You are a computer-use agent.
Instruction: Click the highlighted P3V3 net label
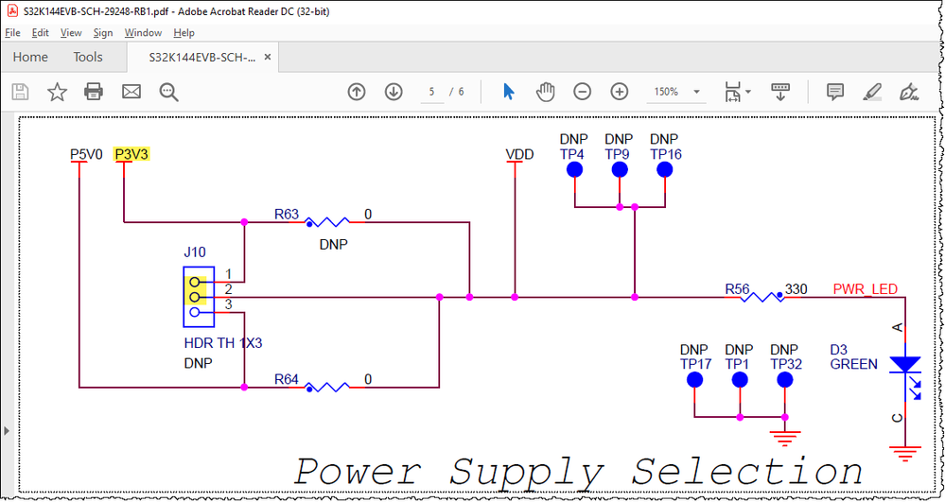click(131, 154)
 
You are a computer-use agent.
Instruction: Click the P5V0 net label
click(86, 154)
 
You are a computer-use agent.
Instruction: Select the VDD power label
click(518, 154)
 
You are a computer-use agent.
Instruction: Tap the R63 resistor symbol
click(326, 222)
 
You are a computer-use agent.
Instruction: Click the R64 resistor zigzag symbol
click(326, 387)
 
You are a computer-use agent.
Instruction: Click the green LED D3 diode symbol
click(905, 365)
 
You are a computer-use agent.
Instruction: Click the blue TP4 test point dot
click(574, 170)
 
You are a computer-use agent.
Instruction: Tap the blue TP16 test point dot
click(664, 170)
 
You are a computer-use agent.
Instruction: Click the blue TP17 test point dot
click(694, 380)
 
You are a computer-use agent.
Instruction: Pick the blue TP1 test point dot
click(739, 380)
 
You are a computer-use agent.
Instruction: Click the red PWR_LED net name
click(865, 289)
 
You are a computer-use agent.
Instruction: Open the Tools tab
click(88, 57)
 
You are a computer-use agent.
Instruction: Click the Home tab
click(30, 57)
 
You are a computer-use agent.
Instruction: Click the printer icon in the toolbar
click(94, 92)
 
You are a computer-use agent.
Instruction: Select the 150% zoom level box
click(674, 92)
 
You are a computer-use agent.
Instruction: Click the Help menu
click(184, 32)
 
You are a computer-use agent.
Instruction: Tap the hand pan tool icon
click(545, 92)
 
